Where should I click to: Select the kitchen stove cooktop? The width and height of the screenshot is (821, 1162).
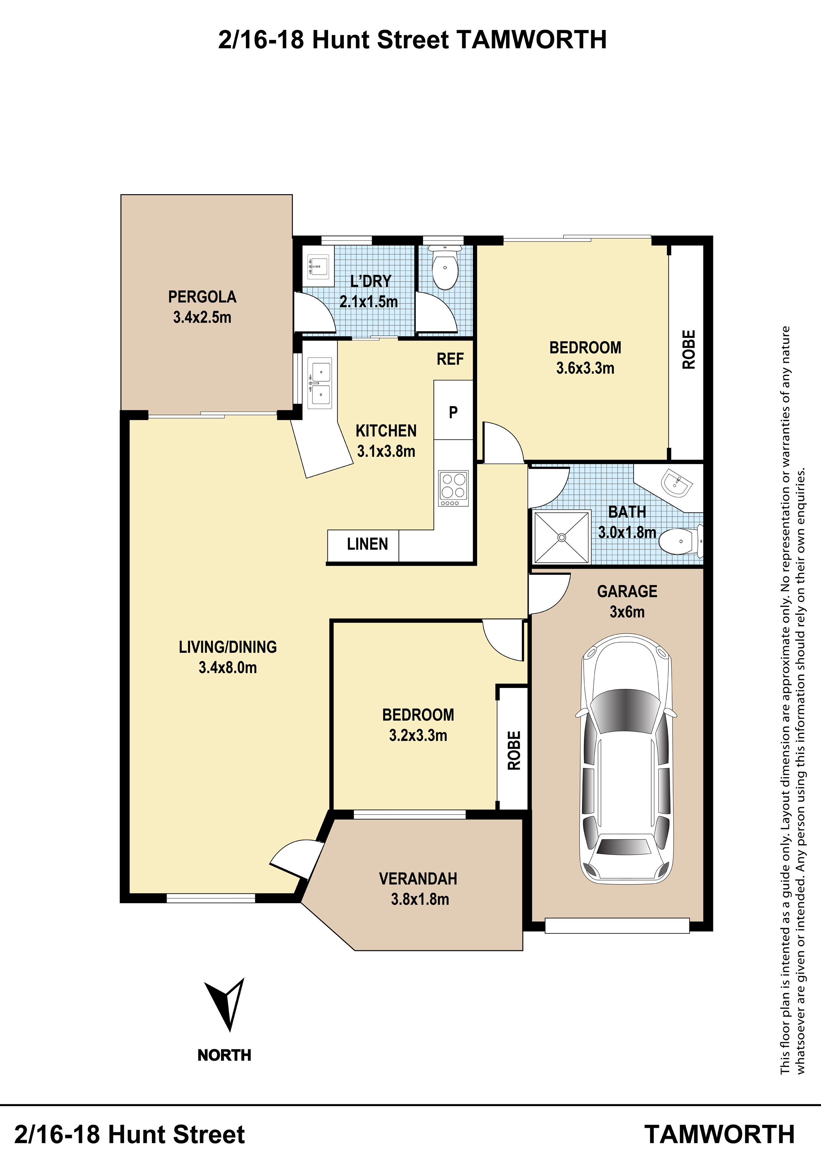453,488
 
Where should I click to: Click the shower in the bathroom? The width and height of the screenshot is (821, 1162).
561,537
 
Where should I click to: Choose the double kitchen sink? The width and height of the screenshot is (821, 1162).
320,383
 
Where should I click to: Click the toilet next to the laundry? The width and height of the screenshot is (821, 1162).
445,267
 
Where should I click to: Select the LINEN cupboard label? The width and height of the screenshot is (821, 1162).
367,544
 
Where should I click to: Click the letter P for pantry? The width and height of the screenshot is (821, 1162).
453,412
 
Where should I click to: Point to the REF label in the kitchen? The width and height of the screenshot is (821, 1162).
450,359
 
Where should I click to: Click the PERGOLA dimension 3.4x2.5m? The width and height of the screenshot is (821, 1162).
202,317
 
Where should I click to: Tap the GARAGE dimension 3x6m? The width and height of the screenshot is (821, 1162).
627,612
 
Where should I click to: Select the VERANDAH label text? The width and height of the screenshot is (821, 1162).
418,878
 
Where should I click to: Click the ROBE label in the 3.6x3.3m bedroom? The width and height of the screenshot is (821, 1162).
689,349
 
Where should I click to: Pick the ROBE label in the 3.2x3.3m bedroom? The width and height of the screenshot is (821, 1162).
514,751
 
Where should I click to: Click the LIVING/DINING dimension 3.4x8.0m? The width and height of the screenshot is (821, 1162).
228,667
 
